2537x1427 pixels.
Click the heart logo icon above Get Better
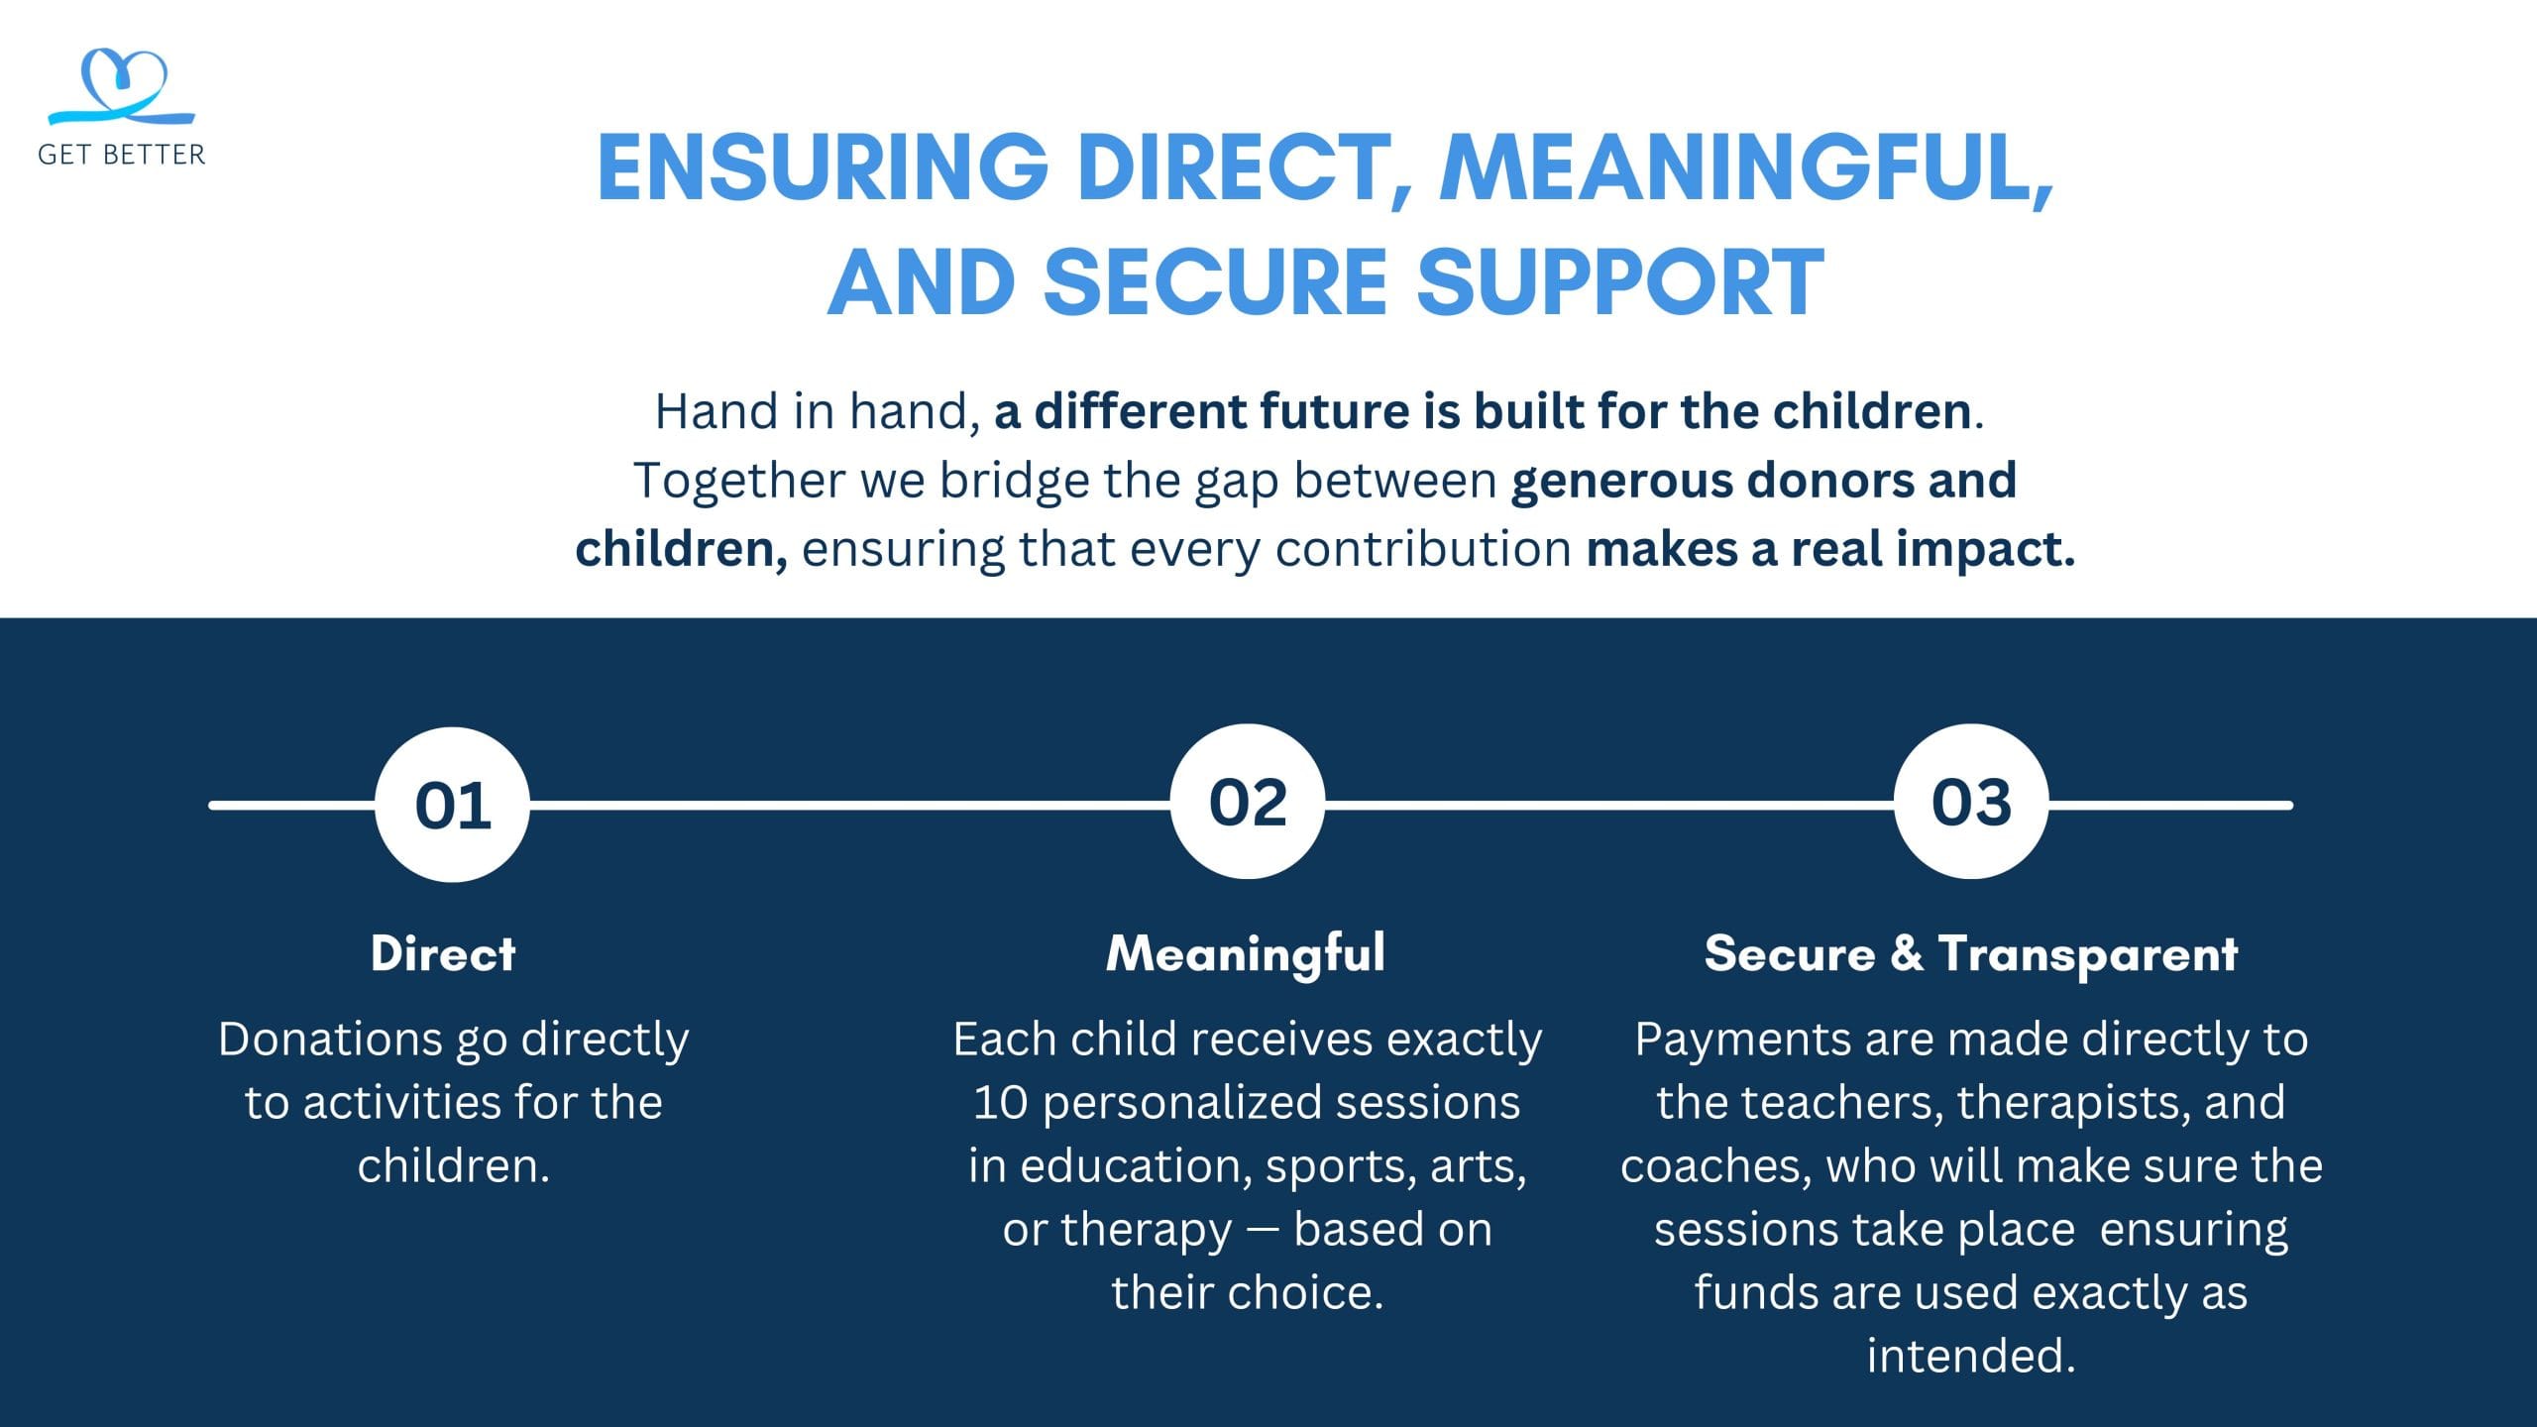click(122, 87)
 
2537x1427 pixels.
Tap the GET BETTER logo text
click(122, 155)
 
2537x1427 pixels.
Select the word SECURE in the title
click(1217, 281)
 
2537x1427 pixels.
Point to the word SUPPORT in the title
click(1620, 281)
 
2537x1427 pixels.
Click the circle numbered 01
click(453, 805)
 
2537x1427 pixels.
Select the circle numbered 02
click(1248, 802)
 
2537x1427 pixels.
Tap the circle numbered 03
click(1971, 802)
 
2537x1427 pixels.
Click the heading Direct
click(443, 953)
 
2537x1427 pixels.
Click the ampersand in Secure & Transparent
click(1907, 953)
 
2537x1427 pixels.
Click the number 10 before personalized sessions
click(1001, 1103)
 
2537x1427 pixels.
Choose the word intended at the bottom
click(1970, 1356)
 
